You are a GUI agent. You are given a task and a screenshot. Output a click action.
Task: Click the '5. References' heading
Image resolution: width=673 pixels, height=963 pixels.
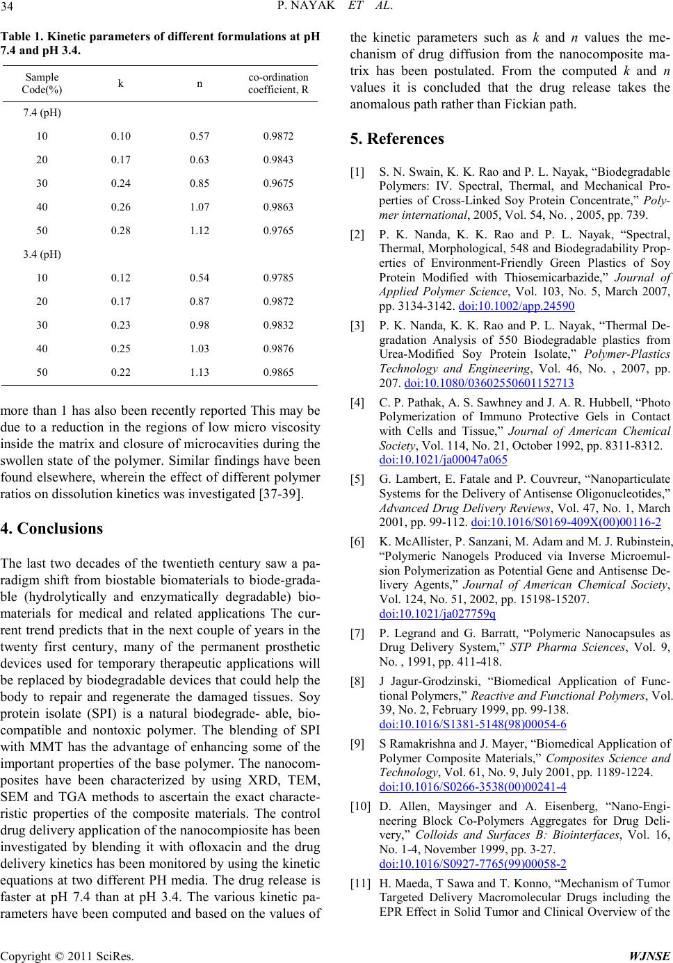(x=397, y=139)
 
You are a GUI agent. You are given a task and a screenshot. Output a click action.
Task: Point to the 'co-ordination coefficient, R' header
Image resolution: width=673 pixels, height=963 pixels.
(x=278, y=83)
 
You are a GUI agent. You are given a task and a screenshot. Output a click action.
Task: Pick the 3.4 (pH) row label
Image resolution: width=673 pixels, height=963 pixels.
(x=42, y=254)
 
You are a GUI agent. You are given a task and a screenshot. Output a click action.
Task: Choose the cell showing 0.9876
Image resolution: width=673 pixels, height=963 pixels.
(x=278, y=349)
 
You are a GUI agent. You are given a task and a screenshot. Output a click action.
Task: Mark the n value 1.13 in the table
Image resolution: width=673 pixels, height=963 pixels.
(x=200, y=372)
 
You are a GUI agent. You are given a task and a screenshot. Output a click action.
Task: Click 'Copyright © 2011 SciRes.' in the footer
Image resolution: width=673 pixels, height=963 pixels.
(x=67, y=955)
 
